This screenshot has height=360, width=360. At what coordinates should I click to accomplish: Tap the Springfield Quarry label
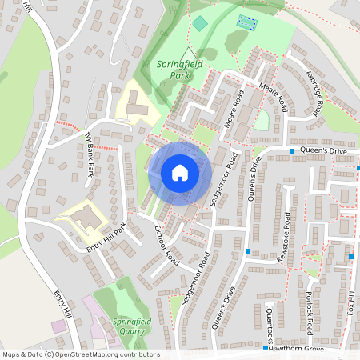[132, 325]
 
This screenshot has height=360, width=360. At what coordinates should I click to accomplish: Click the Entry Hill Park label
[107, 241]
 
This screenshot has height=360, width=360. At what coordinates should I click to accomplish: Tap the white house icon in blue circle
[180, 173]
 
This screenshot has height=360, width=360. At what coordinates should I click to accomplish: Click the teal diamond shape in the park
[198, 23]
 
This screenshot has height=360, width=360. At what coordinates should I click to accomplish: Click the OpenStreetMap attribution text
[80, 354]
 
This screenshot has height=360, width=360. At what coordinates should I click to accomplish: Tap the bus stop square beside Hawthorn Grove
[265, 349]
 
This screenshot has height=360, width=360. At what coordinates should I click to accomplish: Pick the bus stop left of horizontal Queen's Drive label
[292, 150]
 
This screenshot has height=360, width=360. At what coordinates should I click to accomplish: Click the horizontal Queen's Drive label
[325, 150]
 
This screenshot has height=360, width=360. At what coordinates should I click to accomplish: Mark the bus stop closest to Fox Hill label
[351, 256]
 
